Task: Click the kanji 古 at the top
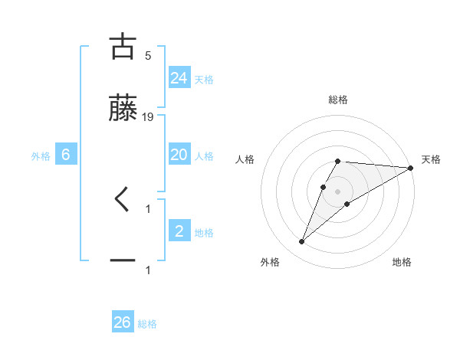(x=123, y=47)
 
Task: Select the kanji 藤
(x=123, y=109)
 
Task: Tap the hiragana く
(x=123, y=200)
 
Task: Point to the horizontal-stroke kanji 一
(x=123, y=261)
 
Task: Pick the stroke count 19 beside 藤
(x=148, y=117)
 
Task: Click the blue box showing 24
(x=179, y=77)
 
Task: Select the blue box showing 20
(x=179, y=155)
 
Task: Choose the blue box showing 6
(x=66, y=155)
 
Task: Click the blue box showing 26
(x=122, y=322)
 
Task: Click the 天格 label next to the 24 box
(x=204, y=79)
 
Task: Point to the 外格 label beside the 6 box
(x=41, y=156)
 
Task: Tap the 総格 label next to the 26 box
(x=147, y=324)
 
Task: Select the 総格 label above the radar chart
(x=338, y=100)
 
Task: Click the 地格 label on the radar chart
(x=402, y=263)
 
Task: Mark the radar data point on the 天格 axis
(x=411, y=168)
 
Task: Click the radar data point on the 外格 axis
(x=301, y=242)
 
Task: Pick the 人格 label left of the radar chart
(x=245, y=160)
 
